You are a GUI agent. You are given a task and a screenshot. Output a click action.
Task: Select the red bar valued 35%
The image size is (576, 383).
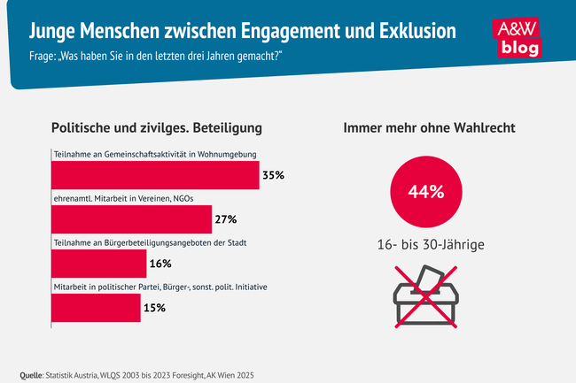[155, 175]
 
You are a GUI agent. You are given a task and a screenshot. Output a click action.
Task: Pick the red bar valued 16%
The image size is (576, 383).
[98, 264]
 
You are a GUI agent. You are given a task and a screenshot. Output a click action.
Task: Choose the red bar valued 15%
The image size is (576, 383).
[96, 308]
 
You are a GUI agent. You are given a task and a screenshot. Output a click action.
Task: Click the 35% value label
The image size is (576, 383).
[273, 175]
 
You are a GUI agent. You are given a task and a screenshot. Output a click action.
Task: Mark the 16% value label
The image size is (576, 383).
[160, 264]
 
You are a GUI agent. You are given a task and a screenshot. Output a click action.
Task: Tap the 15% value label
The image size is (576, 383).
[154, 308]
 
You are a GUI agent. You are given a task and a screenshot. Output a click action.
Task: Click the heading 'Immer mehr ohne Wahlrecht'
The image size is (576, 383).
[430, 128]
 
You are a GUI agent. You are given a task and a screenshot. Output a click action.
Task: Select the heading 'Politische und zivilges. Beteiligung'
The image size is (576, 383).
[157, 128]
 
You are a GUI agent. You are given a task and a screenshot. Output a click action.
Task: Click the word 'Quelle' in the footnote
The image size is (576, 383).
[34, 374]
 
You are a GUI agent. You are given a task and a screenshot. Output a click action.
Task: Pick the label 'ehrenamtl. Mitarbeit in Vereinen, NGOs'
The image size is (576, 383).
[125, 200]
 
